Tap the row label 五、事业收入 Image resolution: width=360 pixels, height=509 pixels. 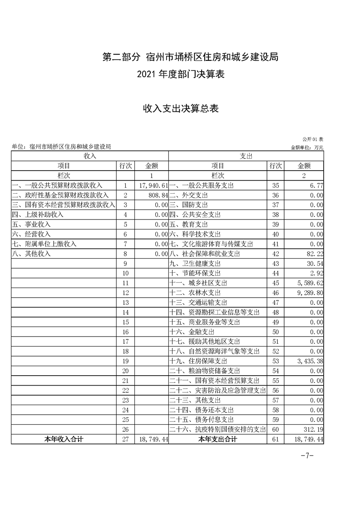tap(31, 224)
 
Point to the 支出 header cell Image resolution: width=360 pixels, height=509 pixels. tap(246, 156)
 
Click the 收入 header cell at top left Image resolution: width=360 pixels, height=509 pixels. tap(90, 156)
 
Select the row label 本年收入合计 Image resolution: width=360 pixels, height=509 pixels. tap(64, 439)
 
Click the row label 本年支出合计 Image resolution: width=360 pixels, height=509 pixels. tap(218, 439)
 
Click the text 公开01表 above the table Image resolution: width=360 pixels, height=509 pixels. tap(311, 139)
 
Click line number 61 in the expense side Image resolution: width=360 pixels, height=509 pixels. tap(275, 439)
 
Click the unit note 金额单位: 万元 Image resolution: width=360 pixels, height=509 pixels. tap(306, 147)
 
